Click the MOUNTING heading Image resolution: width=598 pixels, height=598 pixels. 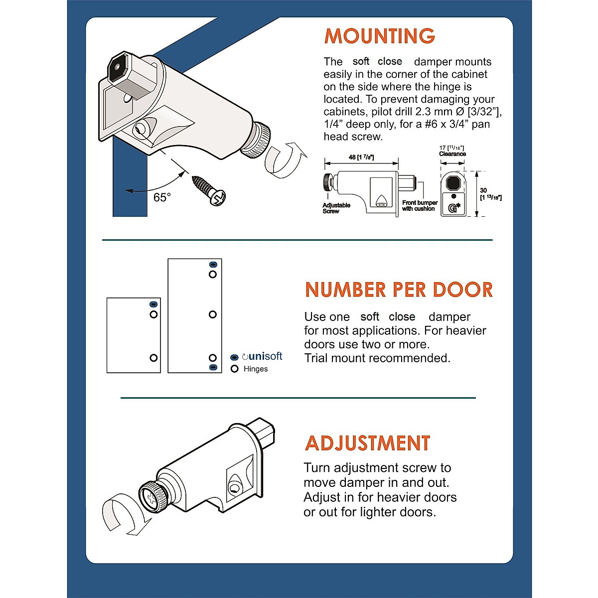[380, 36]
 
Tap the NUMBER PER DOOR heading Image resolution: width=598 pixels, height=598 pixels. [399, 290]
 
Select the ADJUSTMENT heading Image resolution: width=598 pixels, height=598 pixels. [367, 443]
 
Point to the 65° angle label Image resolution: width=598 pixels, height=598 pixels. [162, 198]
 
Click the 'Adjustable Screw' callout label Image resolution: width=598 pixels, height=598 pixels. [336, 208]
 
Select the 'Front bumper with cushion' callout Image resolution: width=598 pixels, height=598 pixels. [420, 206]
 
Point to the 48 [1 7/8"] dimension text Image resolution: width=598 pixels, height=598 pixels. [361, 157]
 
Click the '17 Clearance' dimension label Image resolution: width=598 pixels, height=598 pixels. [452, 151]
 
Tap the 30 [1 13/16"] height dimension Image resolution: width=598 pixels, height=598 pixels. [490, 194]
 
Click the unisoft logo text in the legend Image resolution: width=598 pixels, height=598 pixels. [263, 356]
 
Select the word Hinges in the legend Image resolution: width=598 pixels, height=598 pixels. [256, 369]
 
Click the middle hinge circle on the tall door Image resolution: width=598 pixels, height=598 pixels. [213, 314]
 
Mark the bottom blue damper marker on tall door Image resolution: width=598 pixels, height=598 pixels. [213, 367]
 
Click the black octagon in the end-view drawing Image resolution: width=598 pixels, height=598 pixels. [452, 183]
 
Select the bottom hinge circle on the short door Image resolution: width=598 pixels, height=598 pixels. [153, 358]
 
